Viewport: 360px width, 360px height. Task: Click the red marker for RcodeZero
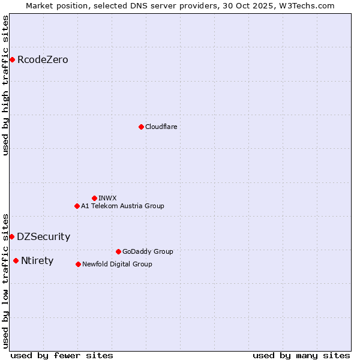(12, 59)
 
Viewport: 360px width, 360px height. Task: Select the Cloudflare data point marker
(141, 127)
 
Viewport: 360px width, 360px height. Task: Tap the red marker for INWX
(94, 198)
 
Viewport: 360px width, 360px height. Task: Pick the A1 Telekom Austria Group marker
(77, 206)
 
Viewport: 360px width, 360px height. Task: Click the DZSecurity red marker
(11, 236)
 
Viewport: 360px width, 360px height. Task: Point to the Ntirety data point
(16, 260)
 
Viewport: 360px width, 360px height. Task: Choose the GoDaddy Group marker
(118, 251)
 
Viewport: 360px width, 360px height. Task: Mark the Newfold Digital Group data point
(78, 264)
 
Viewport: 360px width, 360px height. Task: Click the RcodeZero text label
(43, 59)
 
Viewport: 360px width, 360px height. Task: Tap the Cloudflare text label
(161, 127)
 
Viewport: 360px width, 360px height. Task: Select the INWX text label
(107, 198)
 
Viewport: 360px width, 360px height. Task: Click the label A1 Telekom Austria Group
(122, 206)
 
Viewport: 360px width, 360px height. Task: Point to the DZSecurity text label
(43, 236)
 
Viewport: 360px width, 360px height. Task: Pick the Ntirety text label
(37, 260)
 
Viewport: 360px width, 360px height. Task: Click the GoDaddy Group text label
(148, 251)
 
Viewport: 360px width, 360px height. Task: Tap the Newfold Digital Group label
(117, 264)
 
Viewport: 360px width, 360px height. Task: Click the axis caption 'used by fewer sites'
(62, 355)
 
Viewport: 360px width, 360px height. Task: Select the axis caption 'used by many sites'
(301, 355)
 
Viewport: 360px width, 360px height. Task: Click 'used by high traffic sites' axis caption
(6, 85)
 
